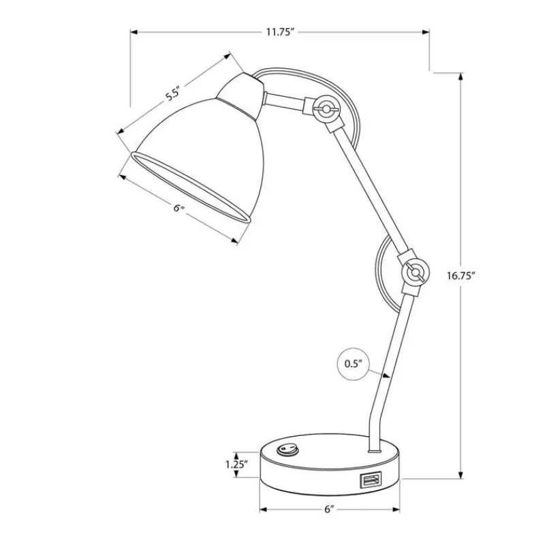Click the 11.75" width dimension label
tap(281, 32)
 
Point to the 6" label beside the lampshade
tap(178, 208)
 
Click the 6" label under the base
tap(329, 510)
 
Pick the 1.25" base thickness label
tap(236, 465)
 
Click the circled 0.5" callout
tap(353, 364)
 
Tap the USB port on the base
tap(371, 480)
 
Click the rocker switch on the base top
tap(287, 450)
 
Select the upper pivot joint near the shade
tap(326, 109)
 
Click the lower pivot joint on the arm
tap(415, 273)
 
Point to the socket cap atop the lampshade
tap(243, 95)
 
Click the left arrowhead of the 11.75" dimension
tap(135, 32)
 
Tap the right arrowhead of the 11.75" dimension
tap(425, 32)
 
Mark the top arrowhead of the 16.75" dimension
tap(461, 77)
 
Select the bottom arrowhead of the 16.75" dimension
tap(461, 475)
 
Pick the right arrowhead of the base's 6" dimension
tap(396, 510)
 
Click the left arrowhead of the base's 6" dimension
tap(264, 510)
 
